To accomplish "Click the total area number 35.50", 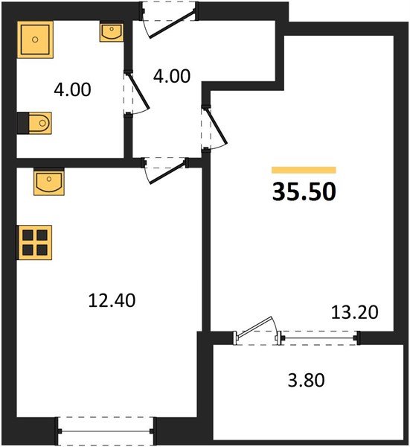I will [304, 191].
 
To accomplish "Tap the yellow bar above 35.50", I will [304, 171].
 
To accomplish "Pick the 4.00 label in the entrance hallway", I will [171, 77].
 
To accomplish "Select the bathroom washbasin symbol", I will [112, 33].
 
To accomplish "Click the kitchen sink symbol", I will [48, 182].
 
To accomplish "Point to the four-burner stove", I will [35, 241].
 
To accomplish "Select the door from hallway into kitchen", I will [165, 168].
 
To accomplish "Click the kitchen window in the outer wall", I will [106, 430].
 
